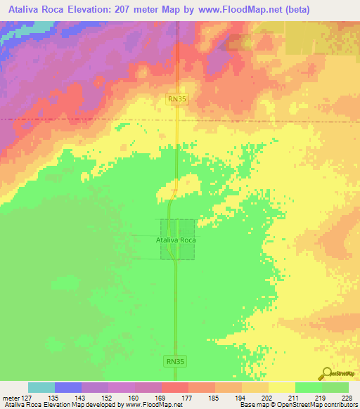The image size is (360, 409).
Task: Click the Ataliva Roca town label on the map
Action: click(176, 240)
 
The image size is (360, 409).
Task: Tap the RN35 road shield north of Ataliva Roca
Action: click(177, 100)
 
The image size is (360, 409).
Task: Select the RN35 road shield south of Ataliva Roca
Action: click(175, 361)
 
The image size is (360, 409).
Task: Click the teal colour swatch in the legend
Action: click(41, 387)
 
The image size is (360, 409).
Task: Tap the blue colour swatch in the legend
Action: click(68, 387)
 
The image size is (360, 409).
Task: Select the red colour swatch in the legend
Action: click(175, 387)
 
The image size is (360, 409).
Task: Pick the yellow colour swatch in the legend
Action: click(282, 387)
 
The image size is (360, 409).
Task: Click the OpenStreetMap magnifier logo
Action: click(326, 374)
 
